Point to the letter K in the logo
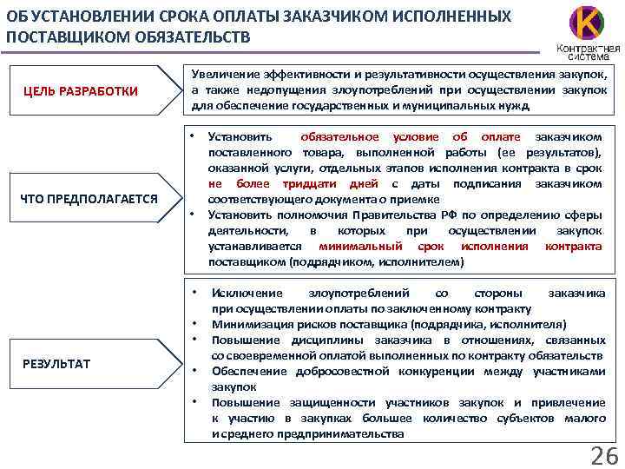(x=587, y=22)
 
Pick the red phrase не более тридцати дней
(x=293, y=184)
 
